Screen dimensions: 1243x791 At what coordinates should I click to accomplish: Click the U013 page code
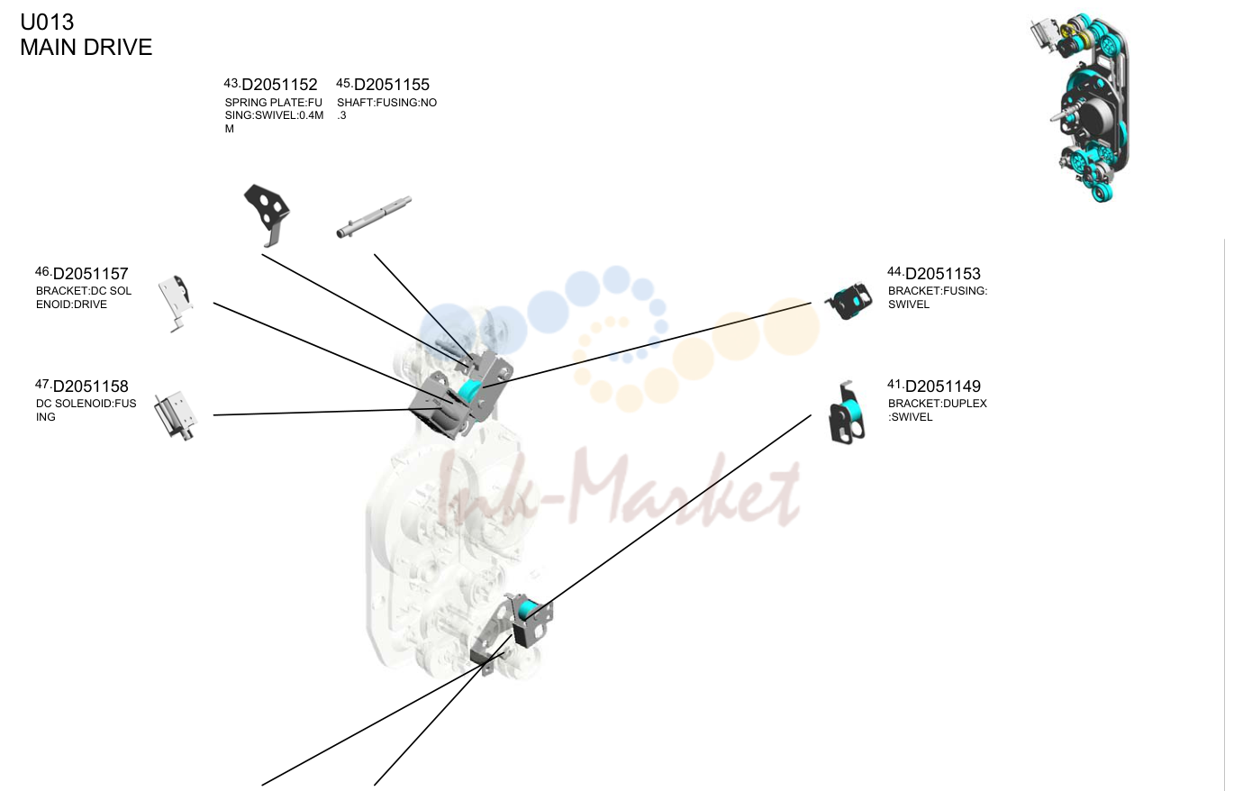47,23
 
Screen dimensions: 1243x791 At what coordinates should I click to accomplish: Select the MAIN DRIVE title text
86,47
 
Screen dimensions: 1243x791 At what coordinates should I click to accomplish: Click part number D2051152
279,85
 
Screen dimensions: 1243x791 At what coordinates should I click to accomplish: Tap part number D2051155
392,85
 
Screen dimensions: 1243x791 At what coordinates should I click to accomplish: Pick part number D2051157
90,274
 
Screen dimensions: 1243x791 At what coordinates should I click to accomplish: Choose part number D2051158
90,386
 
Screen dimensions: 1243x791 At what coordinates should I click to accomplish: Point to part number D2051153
943,274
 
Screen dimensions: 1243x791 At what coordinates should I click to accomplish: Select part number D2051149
943,386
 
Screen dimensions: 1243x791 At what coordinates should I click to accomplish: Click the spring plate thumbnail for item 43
267,214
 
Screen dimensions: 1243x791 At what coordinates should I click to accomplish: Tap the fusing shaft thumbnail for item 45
374,217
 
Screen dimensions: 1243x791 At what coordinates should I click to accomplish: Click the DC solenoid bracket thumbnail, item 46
177,303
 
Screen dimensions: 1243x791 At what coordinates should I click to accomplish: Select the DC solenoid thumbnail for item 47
176,415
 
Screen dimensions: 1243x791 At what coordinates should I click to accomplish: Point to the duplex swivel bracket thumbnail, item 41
847,413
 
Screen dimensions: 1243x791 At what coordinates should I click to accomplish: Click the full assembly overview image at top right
1080,107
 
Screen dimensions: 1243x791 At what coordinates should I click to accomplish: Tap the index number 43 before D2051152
232,83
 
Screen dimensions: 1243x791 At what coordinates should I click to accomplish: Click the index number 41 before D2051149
895,384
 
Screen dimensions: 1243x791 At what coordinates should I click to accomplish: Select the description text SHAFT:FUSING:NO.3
386,109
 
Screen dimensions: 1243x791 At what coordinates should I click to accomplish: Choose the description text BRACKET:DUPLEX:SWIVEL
938,410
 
